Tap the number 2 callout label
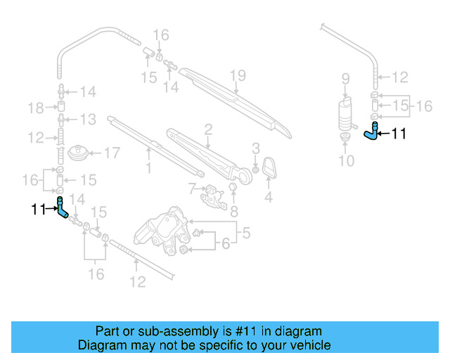208,129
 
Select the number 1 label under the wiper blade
148,168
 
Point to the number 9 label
345,78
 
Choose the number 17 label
112,153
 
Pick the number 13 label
87,119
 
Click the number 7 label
191,188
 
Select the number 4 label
268,198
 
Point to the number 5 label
245,231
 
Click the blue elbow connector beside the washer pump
371,133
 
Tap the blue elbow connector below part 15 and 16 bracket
62,209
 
